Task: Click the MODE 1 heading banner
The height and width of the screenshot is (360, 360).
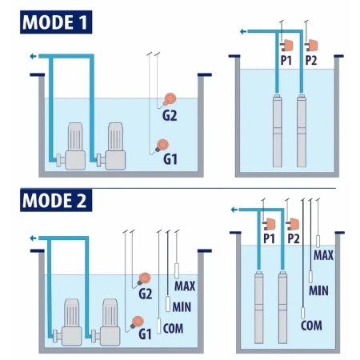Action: click(x=56, y=22)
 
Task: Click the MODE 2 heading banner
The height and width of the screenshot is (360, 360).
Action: click(x=56, y=200)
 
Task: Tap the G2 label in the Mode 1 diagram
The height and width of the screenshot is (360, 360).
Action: click(x=170, y=116)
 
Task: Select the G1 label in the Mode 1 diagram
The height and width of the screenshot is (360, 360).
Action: click(x=170, y=159)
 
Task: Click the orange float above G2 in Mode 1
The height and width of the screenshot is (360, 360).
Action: click(x=170, y=99)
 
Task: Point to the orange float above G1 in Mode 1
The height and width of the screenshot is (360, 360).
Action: click(x=162, y=146)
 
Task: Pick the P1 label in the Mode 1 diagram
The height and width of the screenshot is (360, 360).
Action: click(x=286, y=61)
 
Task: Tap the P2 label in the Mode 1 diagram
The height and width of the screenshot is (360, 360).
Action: click(x=311, y=61)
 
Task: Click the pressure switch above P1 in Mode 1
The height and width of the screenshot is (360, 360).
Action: click(x=287, y=46)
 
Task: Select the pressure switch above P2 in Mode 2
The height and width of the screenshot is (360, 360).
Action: click(x=293, y=224)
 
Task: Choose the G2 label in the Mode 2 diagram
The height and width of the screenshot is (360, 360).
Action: click(x=146, y=294)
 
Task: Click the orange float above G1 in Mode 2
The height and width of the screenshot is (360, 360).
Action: click(x=138, y=322)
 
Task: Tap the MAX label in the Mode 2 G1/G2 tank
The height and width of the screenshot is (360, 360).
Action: click(x=185, y=286)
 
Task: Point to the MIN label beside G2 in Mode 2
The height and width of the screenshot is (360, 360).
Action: click(x=182, y=307)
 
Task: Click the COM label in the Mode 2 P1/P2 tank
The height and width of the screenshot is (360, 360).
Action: click(x=311, y=326)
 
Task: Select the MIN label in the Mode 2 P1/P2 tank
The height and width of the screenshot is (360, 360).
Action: click(x=318, y=290)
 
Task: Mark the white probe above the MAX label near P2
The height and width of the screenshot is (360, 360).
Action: click(x=318, y=242)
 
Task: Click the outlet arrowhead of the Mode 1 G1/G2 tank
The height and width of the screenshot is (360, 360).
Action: click(x=33, y=56)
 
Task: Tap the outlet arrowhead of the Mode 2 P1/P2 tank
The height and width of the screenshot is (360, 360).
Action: click(x=234, y=210)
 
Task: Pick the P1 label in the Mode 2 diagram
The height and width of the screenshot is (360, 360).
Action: click(x=269, y=238)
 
